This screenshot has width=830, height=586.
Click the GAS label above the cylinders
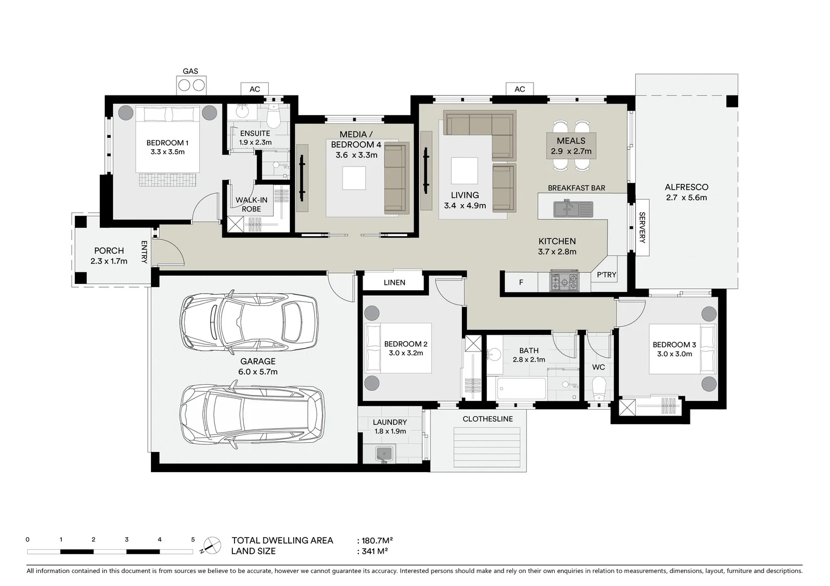coord(190,71)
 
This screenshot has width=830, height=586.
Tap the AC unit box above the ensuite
coord(255,89)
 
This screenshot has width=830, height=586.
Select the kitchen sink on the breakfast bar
coord(573,208)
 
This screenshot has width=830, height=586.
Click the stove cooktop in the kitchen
coord(565,281)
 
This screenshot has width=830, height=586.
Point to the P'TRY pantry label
coord(606,275)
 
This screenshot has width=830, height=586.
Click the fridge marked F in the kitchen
coord(521,282)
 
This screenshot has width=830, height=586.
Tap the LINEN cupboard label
coord(394,282)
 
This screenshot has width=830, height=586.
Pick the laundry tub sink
coord(386,453)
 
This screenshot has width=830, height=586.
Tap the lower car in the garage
coord(252,414)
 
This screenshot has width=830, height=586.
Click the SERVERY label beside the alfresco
coord(642,227)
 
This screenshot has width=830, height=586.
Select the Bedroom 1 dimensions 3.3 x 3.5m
coord(167,152)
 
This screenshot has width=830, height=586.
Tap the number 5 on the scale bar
coord(193,539)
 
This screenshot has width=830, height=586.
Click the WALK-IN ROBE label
coord(251,205)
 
